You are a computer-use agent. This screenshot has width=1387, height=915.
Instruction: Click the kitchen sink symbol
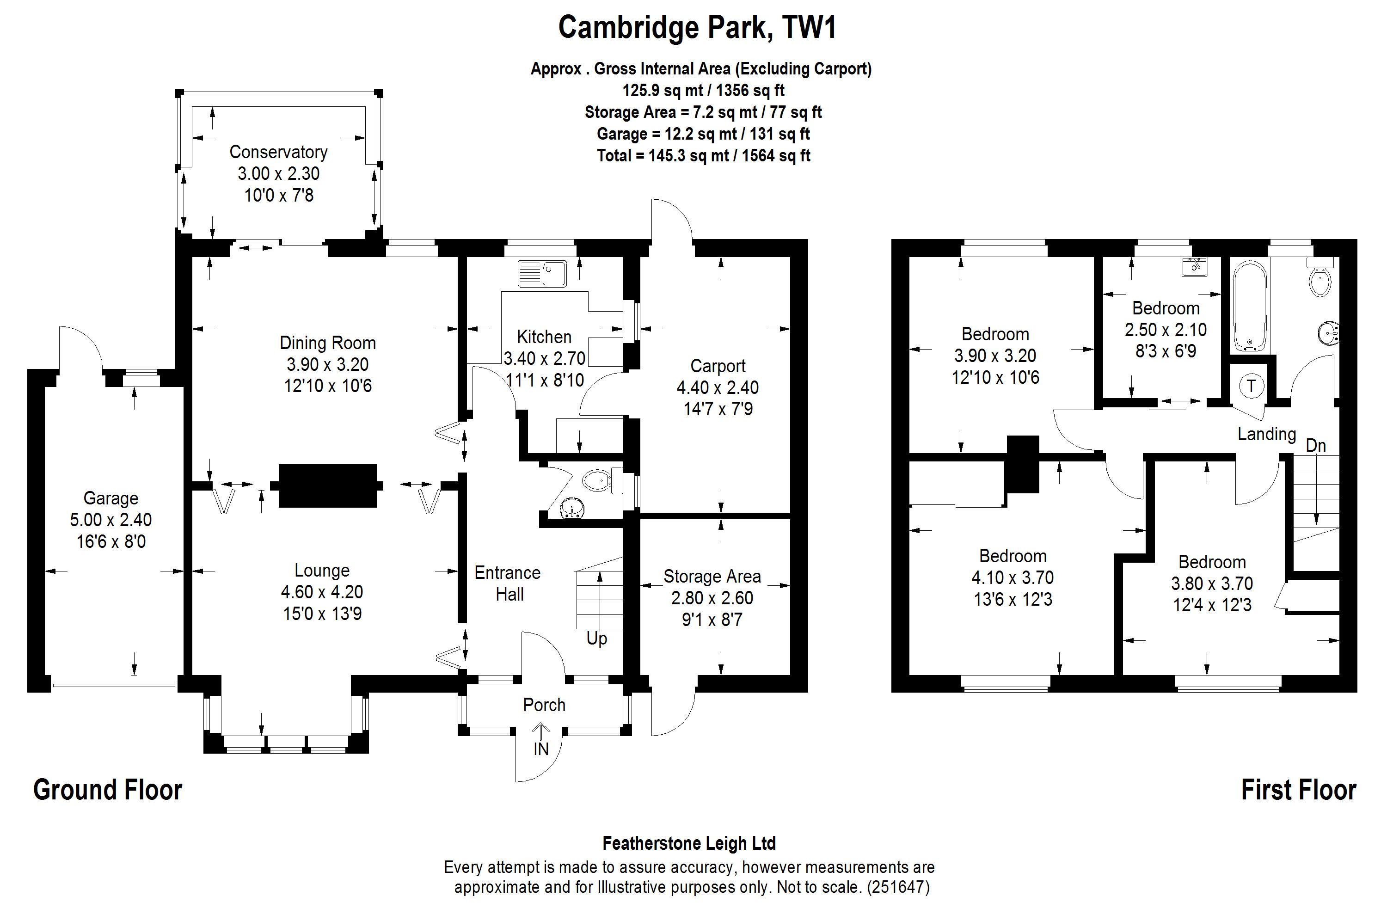point(542,273)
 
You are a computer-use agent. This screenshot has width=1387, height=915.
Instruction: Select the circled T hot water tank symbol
point(1251,386)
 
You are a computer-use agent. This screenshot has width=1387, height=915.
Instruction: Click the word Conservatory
point(278,152)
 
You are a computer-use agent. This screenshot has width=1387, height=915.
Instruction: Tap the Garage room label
point(111,498)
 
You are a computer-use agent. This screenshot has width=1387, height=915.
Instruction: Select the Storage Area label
point(712,577)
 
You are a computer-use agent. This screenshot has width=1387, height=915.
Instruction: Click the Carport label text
point(718,366)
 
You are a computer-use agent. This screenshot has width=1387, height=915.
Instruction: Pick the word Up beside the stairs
point(596,639)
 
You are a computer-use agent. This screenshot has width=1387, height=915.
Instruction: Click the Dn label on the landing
point(1316,446)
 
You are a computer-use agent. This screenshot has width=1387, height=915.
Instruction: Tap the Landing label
point(1267,434)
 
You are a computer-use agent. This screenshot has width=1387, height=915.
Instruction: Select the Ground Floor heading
point(108,790)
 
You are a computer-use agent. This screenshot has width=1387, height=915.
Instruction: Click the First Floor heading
point(1298,790)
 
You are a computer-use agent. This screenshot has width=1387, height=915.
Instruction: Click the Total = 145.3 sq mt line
point(703,156)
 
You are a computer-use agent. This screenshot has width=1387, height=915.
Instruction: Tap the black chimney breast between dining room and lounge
point(328,485)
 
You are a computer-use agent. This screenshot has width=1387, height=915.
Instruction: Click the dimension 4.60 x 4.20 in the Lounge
point(322,592)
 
